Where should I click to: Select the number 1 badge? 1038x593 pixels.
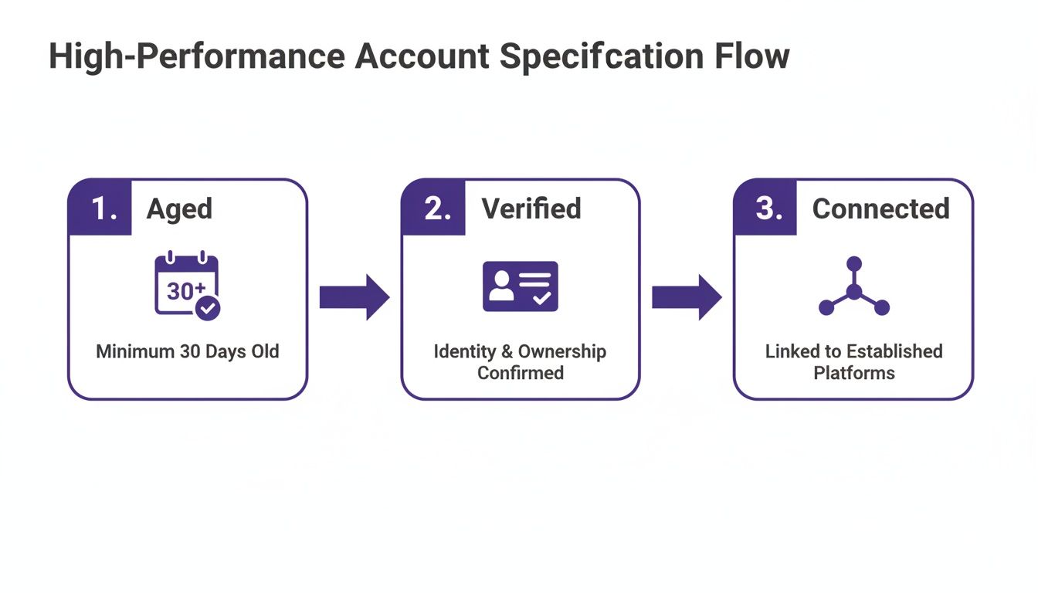click(100, 208)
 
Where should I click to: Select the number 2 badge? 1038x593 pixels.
click(434, 208)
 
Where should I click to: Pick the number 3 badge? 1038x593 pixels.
click(766, 208)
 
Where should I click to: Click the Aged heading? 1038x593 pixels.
click(179, 208)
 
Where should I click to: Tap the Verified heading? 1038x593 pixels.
click(531, 208)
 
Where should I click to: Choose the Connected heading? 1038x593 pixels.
click(880, 208)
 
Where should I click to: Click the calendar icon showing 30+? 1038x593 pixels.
click(187, 284)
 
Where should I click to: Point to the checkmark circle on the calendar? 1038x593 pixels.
click(208, 309)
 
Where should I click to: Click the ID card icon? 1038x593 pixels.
click(520, 286)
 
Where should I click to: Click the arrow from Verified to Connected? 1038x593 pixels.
click(687, 296)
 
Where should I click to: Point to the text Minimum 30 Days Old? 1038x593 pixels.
click(188, 352)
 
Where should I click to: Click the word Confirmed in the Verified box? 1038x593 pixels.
click(521, 373)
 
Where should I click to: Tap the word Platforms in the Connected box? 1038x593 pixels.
click(853, 373)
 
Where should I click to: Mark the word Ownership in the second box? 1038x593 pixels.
click(561, 352)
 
